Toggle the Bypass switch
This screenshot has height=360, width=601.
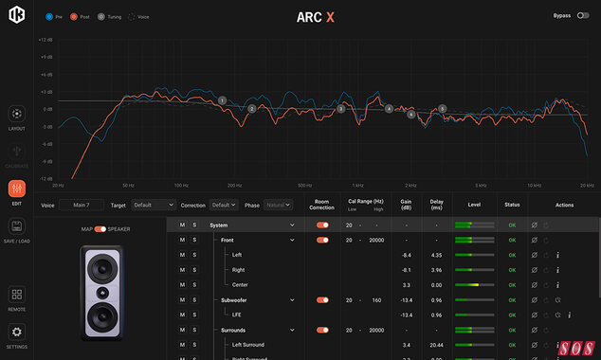pyautogui.click(x=582, y=16)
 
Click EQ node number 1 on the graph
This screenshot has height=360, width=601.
pyautogui.click(x=222, y=100)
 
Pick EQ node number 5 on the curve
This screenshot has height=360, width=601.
pyautogui.click(x=442, y=109)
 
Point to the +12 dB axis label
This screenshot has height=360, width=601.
pyautogui.click(x=45, y=40)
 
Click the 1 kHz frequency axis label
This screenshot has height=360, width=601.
pyautogui.click(x=357, y=186)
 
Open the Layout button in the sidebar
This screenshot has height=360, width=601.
pyautogui.click(x=17, y=116)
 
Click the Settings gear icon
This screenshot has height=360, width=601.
pyautogui.click(x=17, y=333)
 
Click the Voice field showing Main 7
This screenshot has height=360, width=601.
pyautogui.click(x=82, y=205)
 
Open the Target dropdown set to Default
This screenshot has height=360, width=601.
pyautogui.click(x=154, y=205)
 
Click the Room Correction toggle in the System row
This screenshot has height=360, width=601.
pyautogui.click(x=323, y=225)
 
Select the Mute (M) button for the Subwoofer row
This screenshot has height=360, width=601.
pyautogui.click(x=182, y=299)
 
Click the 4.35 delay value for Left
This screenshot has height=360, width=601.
pyautogui.click(x=436, y=256)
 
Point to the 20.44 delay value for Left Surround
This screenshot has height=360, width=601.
pyautogui.click(x=436, y=345)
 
